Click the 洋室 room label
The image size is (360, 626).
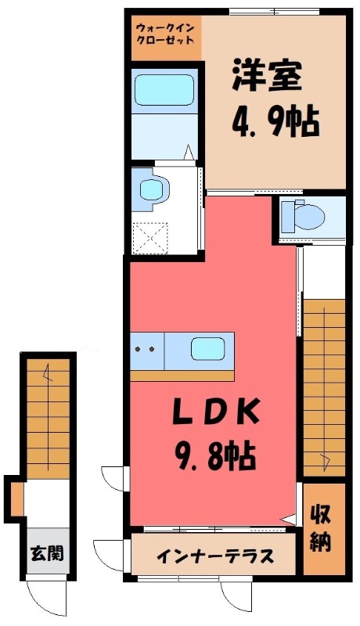(x=267, y=75)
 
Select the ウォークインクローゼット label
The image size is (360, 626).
(x=165, y=34)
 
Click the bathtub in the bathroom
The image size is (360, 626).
(x=164, y=90)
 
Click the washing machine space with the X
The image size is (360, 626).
(x=150, y=238)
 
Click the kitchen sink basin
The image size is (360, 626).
(x=208, y=348)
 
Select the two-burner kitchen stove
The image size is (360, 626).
(x=147, y=350)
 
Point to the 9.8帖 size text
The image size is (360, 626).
(x=214, y=458)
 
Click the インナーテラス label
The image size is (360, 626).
(x=215, y=556)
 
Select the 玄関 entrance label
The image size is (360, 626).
(x=47, y=553)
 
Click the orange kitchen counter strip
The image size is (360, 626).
(x=182, y=376)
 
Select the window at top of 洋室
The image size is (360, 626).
(x=275, y=12)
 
